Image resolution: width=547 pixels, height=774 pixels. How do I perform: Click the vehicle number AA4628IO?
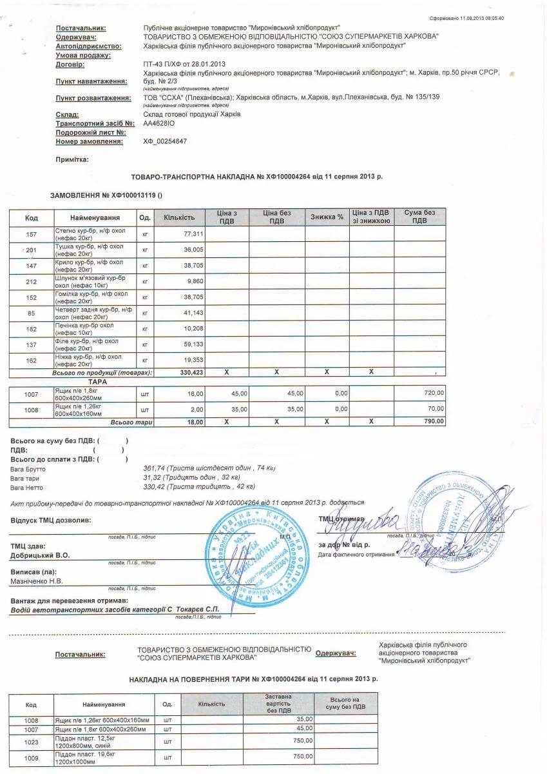coord(158,123)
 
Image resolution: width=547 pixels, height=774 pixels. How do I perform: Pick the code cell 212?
coord(31,281)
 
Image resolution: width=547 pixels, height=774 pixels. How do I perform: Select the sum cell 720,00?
coord(434,393)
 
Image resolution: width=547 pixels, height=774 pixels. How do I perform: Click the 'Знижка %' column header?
coord(327,217)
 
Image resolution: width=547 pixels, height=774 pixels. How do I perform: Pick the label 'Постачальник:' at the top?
coord(81,28)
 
